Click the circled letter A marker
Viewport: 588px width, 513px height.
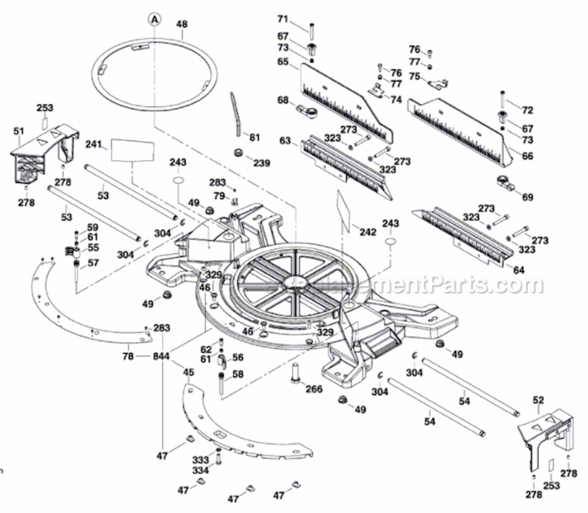click(155, 19)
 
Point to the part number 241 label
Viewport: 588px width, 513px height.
click(94, 144)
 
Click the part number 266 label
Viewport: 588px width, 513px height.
click(314, 389)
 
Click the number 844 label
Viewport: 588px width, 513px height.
click(162, 356)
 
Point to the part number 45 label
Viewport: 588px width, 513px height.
click(188, 372)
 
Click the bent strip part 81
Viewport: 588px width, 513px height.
click(236, 113)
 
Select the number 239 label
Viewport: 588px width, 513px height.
click(261, 163)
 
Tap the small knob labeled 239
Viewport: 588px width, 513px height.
click(240, 153)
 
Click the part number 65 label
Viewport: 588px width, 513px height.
click(283, 62)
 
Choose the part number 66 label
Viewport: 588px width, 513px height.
click(527, 156)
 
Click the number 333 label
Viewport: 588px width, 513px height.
click(200, 460)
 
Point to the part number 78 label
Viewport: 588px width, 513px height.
click(128, 356)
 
